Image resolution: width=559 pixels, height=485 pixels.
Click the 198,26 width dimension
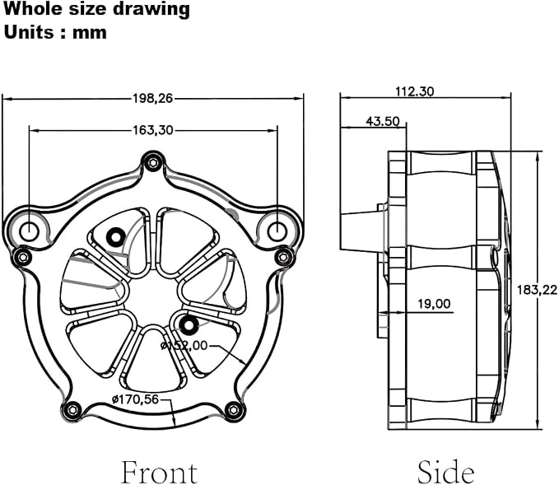pyautogui.click(x=152, y=98)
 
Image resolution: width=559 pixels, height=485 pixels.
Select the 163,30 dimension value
pyautogui.click(x=152, y=130)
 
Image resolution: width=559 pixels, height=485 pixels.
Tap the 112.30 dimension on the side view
pyautogui.click(x=415, y=91)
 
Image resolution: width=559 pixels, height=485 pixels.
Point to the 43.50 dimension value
pyautogui.click(x=383, y=121)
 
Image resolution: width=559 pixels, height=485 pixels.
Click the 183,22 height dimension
pyautogui.click(x=537, y=290)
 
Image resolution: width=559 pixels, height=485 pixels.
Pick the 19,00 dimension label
pyautogui.click(x=434, y=304)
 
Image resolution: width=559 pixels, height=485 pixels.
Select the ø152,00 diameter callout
pyautogui.click(x=184, y=345)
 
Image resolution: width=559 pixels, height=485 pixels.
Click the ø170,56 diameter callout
pyautogui.click(x=136, y=399)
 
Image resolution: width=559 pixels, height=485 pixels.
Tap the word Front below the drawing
pyautogui.click(x=160, y=472)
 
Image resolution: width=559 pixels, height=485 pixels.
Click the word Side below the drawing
pyautogui.click(x=446, y=472)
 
